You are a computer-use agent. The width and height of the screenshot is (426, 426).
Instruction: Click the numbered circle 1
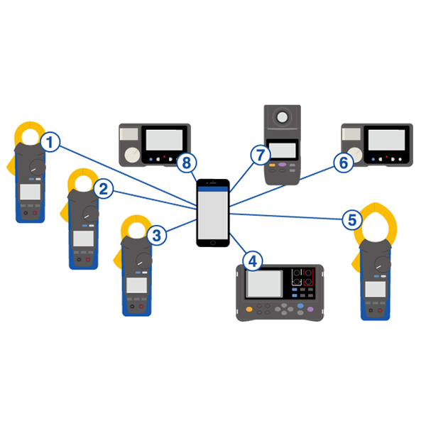click(x=49, y=142)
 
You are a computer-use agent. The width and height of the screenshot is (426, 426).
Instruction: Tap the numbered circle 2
click(x=103, y=188)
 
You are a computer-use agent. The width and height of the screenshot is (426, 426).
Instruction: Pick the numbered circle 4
click(x=250, y=260)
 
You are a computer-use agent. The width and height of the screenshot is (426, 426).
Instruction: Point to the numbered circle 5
click(x=350, y=219)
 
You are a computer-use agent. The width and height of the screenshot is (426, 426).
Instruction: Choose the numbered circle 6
click(x=342, y=163)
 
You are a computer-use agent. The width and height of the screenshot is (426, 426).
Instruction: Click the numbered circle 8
click(x=186, y=163)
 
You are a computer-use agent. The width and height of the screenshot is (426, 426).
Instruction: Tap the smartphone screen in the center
click(x=214, y=216)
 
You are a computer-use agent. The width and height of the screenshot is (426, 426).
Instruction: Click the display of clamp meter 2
click(x=82, y=238)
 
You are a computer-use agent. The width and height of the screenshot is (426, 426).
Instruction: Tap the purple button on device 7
click(x=282, y=165)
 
